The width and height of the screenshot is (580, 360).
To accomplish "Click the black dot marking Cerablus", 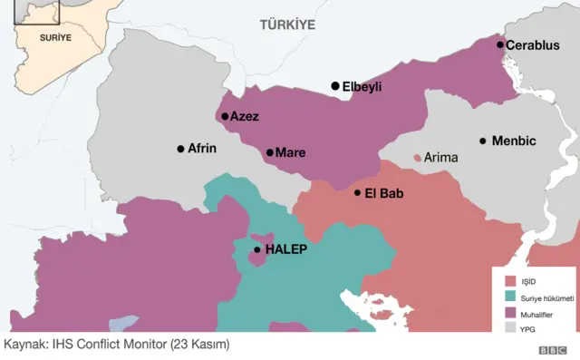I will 499,44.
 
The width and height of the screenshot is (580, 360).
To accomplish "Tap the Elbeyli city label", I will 362,87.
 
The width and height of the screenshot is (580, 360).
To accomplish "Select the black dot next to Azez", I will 225,116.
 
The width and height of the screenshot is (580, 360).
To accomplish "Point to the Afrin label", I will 202,149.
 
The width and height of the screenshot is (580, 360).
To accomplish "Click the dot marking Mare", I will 269,152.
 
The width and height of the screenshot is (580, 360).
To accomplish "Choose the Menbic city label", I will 514,141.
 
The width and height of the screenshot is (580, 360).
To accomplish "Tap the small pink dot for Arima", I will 418,158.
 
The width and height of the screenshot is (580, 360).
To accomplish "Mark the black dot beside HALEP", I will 257,249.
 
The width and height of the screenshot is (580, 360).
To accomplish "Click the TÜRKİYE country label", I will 287,24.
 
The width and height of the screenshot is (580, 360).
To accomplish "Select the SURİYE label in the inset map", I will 54,38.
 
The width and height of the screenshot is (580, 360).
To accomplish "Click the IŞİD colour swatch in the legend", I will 510,281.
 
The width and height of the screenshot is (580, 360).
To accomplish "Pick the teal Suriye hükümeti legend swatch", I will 510,297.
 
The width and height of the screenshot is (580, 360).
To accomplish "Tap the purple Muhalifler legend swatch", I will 510,313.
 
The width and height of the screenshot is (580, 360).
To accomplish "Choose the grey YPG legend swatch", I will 510,328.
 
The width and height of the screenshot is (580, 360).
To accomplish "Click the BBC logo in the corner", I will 552,350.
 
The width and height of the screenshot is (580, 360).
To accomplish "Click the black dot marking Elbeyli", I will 335,86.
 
